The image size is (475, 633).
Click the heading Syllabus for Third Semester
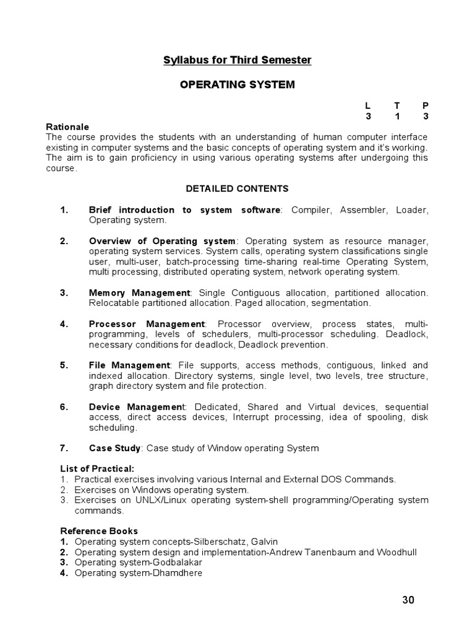tap(237, 60)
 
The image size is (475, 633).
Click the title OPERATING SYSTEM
tap(237, 85)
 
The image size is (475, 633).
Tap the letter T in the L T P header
tap(396, 106)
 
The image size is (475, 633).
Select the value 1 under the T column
tap(396, 116)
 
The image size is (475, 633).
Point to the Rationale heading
tap(68, 127)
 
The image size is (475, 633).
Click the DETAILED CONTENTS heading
tap(237, 189)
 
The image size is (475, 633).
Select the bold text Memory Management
tap(140, 292)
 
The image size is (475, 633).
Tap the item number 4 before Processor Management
tap(64, 324)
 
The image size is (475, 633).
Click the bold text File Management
tap(129, 365)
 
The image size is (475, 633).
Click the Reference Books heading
tap(99, 531)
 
